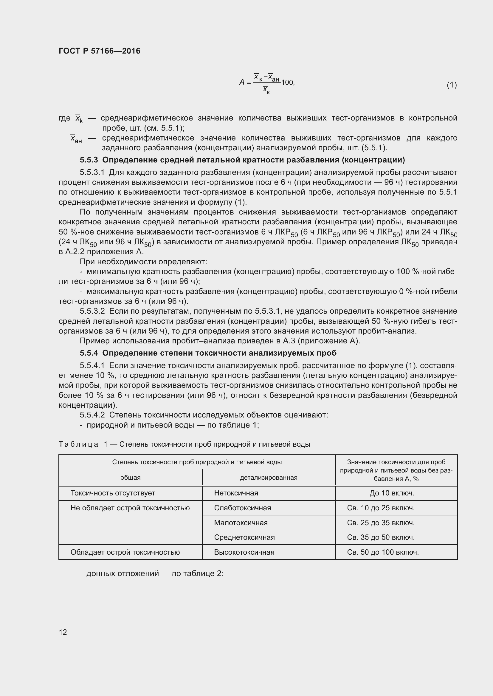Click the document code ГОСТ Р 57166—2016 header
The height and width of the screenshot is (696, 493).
coord(99,51)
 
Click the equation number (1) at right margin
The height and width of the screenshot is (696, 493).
coord(451,85)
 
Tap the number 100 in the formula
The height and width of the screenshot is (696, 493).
coord(287,82)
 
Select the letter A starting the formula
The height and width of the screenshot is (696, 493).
coord(242,82)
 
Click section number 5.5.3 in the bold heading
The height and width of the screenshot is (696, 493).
coord(89,160)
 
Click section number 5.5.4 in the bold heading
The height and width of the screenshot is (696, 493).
coord(89,353)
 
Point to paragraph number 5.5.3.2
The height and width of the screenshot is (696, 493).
coord(92,311)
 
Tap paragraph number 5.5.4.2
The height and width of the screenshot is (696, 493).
coord(92,415)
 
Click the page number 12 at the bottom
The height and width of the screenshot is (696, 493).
coord(63,632)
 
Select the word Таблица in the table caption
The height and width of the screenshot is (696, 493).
coord(78,444)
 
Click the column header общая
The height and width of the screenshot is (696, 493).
coord(131,478)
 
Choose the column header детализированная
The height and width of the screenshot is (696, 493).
coord(269,478)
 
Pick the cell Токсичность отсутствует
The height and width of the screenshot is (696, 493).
coord(113,493)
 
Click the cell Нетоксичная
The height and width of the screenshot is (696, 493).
coord(236,493)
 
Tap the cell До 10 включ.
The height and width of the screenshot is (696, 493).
coord(392,493)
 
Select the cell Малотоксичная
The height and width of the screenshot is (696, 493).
coord(241,523)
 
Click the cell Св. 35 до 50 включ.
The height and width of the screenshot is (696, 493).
coord(381,537)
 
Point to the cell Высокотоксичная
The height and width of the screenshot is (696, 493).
coord(244,552)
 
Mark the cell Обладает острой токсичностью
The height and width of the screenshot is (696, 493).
coord(125,552)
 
